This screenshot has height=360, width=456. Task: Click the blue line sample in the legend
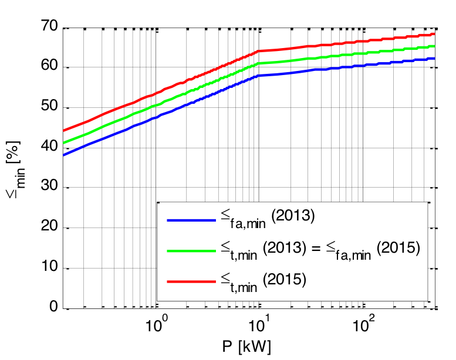pos(191,220)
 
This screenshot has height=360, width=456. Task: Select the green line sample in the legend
pos(191,250)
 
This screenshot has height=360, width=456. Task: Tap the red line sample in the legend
pos(191,281)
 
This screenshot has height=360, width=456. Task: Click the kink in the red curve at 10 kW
pos(258,52)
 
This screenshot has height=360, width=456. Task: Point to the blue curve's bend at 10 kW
pos(258,76)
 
